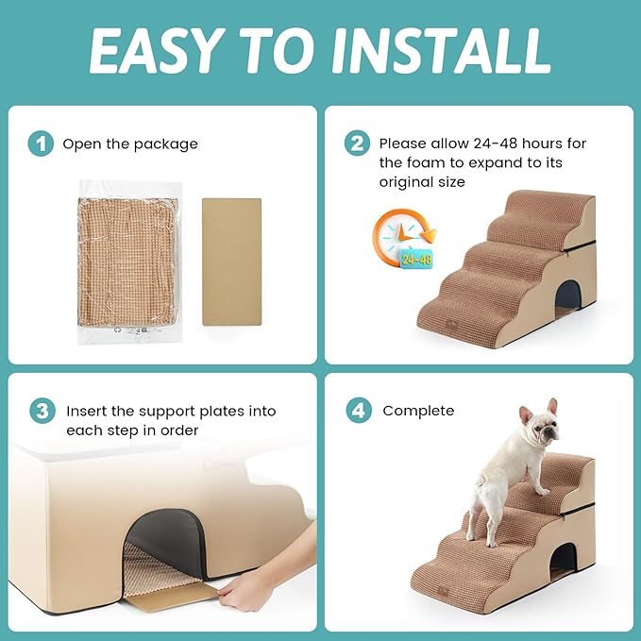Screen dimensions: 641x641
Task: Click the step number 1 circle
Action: point(40,143)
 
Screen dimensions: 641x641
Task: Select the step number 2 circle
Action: point(357,143)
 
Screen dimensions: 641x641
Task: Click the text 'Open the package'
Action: point(130,144)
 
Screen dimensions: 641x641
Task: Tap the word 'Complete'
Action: point(418,411)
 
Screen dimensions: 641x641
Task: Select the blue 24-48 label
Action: point(416,258)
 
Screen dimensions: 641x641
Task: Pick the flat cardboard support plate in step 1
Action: point(232,261)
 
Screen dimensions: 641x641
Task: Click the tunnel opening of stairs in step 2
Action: point(568,295)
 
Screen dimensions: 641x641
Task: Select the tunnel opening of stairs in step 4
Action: point(564,560)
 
